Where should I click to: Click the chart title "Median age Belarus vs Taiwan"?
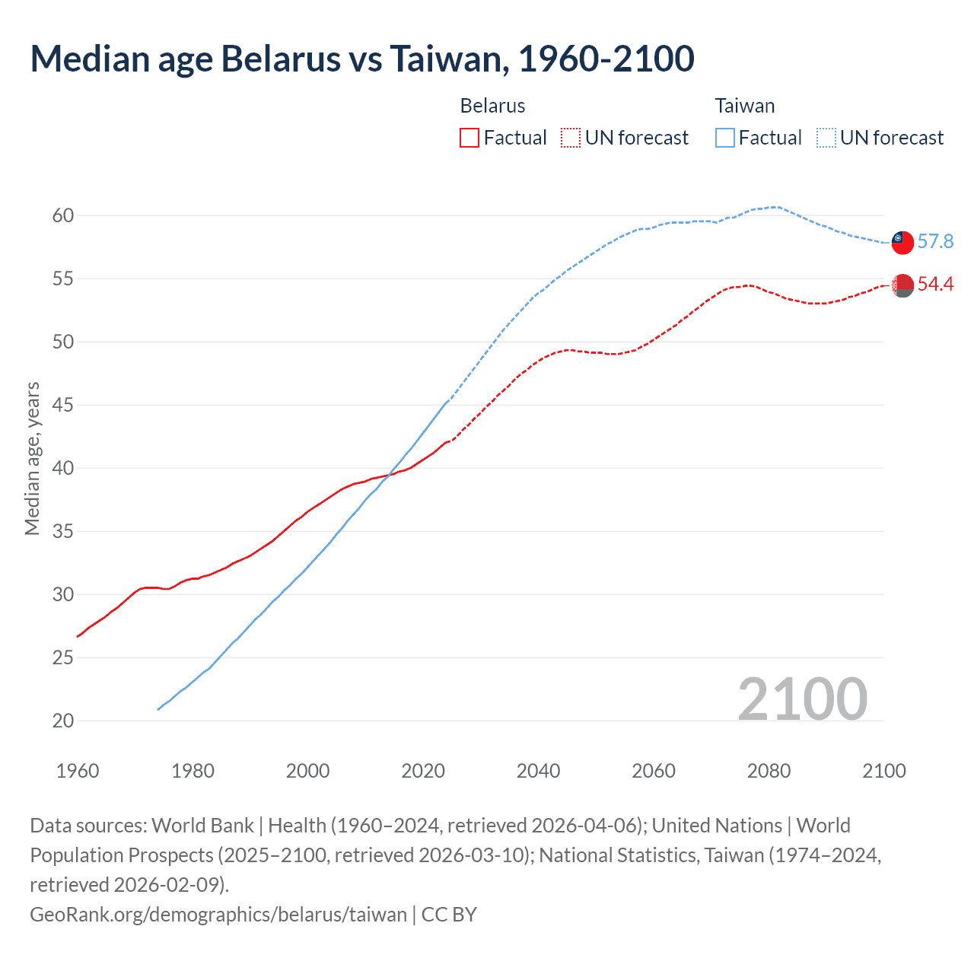pos(361,59)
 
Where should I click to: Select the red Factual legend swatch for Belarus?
pos(469,138)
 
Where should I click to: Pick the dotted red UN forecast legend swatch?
pos(571,138)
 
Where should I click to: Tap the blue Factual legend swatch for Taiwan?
pos(725,138)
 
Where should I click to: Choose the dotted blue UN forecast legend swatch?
pos(826,138)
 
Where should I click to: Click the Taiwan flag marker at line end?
pos(902,242)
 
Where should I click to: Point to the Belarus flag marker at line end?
pos(902,285)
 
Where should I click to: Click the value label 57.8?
pos(935,242)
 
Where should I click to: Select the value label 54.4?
pos(935,285)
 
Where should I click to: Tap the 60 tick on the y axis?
pos(63,216)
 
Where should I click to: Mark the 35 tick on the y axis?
pos(63,531)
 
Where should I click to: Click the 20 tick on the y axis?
pos(63,721)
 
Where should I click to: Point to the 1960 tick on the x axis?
pos(78,771)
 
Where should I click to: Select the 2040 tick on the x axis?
pos(539,771)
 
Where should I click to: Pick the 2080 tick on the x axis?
pos(769,771)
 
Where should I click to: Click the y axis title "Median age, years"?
pos(32,459)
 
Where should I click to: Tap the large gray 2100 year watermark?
pos(803,699)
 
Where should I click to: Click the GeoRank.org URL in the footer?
pos(218,914)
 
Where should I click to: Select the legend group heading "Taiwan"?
pos(745,106)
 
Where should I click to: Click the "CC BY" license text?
pos(449,914)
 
